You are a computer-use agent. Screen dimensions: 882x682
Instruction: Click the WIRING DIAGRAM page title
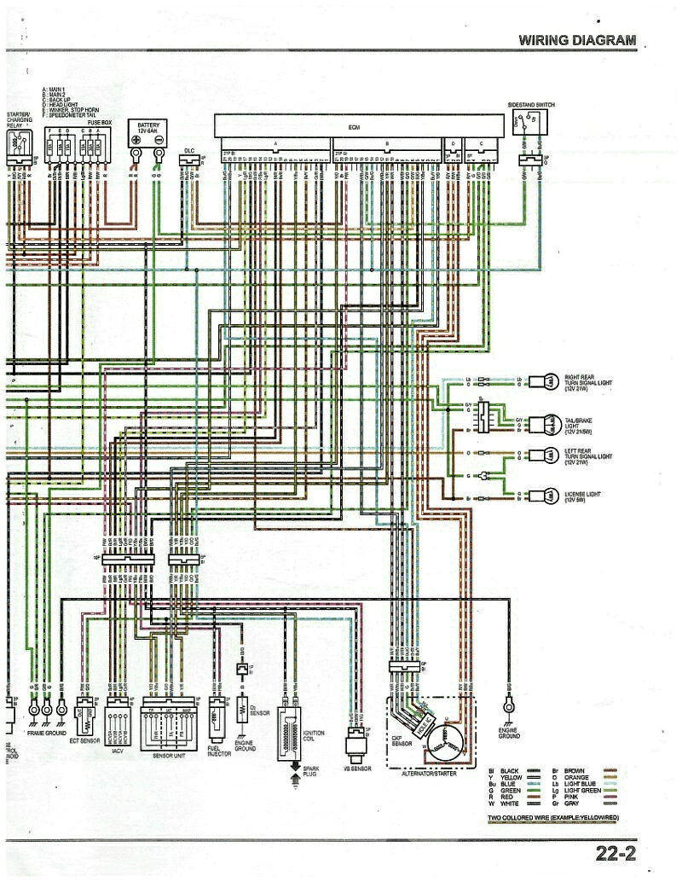click(x=577, y=39)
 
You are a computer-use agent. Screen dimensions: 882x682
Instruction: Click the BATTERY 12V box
click(x=147, y=132)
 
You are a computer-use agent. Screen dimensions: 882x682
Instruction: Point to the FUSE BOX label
click(x=99, y=122)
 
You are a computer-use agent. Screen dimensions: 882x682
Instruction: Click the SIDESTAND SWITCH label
click(x=530, y=105)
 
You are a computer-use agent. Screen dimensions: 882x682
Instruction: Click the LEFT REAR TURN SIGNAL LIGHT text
click(x=588, y=456)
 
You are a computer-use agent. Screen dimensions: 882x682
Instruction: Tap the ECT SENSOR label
click(x=85, y=741)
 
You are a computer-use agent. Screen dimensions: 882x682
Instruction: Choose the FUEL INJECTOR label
click(x=219, y=751)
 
